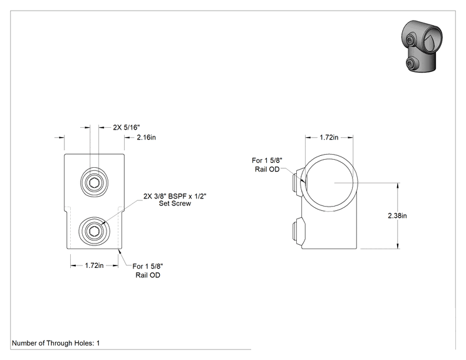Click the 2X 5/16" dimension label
click(x=127, y=128)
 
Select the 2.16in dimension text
click(x=146, y=137)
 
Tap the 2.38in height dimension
click(x=397, y=215)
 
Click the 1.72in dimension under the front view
click(x=94, y=265)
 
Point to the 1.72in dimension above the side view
click(x=329, y=137)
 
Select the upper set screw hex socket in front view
click(x=94, y=182)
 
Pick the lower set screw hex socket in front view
click(x=94, y=231)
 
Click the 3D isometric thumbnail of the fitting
click(x=422, y=46)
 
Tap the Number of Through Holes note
click(x=56, y=343)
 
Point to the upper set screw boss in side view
click(x=298, y=182)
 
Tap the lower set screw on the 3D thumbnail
click(x=412, y=63)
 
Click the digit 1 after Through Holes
click(x=98, y=343)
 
